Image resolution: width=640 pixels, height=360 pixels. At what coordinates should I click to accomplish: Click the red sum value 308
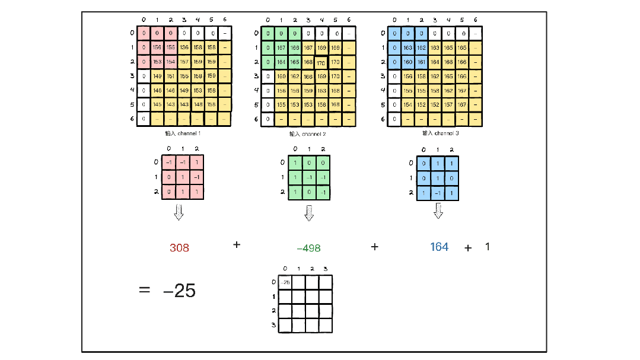[x=179, y=248]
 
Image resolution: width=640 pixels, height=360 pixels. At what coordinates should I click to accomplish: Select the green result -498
[x=308, y=248]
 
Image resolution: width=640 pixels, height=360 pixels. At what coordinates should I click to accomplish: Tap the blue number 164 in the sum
[x=439, y=247]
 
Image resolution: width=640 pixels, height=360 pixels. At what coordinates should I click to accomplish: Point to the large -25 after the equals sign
[x=179, y=291]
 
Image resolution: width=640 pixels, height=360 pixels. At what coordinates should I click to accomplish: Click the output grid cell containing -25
[x=285, y=282]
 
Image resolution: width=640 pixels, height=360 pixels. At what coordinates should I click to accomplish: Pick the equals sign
[x=144, y=290]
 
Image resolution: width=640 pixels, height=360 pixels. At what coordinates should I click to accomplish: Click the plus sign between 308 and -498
[x=237, y=244]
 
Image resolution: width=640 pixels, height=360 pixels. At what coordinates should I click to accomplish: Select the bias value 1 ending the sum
[x=488, y=246]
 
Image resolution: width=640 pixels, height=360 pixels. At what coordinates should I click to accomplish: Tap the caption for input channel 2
[x=309, y=134]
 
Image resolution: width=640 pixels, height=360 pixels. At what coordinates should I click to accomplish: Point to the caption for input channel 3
[x=440, y=133]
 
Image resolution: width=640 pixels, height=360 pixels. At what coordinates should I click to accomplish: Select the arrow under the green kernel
[x=309, y=212]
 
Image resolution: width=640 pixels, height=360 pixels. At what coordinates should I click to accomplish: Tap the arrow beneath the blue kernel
[x=439, y=210]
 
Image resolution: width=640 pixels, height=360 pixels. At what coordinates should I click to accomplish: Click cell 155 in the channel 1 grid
[x=170, y=47]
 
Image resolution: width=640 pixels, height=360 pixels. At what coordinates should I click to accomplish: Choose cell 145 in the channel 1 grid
[x=157, y=104]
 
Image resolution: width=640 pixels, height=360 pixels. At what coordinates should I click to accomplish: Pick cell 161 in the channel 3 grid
[x=421, y=62]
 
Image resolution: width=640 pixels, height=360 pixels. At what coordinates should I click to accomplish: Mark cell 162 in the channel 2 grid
[x=295, y=76]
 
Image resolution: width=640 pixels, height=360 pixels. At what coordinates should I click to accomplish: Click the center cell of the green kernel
[x=309, y=177]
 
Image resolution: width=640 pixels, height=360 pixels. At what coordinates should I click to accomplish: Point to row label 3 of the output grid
[x=273, y=324]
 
